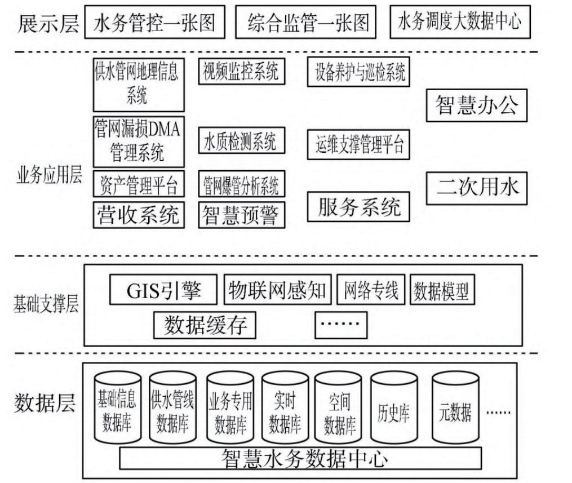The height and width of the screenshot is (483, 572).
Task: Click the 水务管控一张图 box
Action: tap(154, 22)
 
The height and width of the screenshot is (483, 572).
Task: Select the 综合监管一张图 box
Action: tap(305, 22)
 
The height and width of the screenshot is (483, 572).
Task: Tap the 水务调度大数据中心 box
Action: tap(460, 22)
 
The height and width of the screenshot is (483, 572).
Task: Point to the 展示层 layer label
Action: tap(48, 23)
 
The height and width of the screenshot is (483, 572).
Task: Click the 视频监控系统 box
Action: tap(242, 72)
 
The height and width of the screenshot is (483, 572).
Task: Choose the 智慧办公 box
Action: tap(477, 105)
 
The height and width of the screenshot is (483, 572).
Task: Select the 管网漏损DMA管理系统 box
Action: tap(139, 141)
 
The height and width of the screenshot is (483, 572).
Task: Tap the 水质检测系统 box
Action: tap(242, 140)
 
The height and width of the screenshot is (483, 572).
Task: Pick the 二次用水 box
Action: tap(477, 188)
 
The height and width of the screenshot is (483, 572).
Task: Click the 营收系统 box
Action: tap(139, 215)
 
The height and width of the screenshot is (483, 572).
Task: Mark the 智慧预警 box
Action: tap(242, 215)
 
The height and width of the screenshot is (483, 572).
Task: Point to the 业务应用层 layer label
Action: tap(49, 175)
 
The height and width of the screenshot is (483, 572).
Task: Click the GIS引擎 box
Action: tap(163, 290)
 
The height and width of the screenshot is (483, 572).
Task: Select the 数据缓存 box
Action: tap(205, 325)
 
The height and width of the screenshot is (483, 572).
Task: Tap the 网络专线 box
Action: tap(371, 290)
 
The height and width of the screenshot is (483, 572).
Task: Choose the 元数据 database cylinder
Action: tap(455, 407)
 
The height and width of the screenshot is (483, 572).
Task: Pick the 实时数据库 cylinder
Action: tap(285, 407)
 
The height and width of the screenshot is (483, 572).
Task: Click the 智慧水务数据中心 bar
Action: tap(300, 458)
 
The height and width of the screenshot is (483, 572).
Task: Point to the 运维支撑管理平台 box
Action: tap(358, 144)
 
